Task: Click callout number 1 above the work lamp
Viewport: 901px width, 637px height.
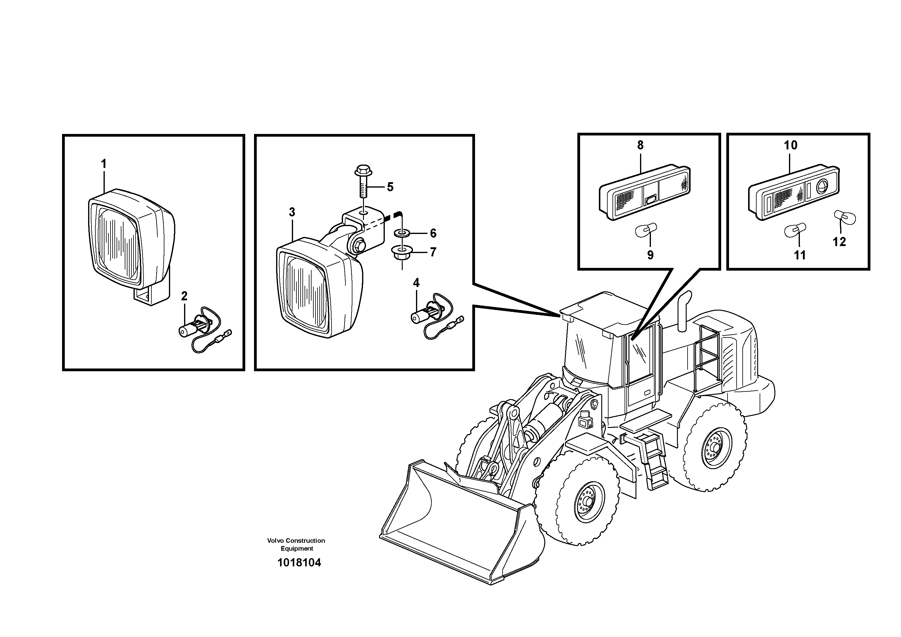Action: pyautogui.click(x=104, y=164)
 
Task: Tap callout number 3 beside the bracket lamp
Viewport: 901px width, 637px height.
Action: pyautogui.click(x=292, y=212)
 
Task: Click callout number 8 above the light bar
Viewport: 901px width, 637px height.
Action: pyautogui.click(x=640, y=145)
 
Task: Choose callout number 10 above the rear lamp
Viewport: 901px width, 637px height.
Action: pyautogui.click(x=790, y=145)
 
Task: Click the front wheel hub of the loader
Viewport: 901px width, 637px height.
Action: pyautogui.click(x=587, y=502)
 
